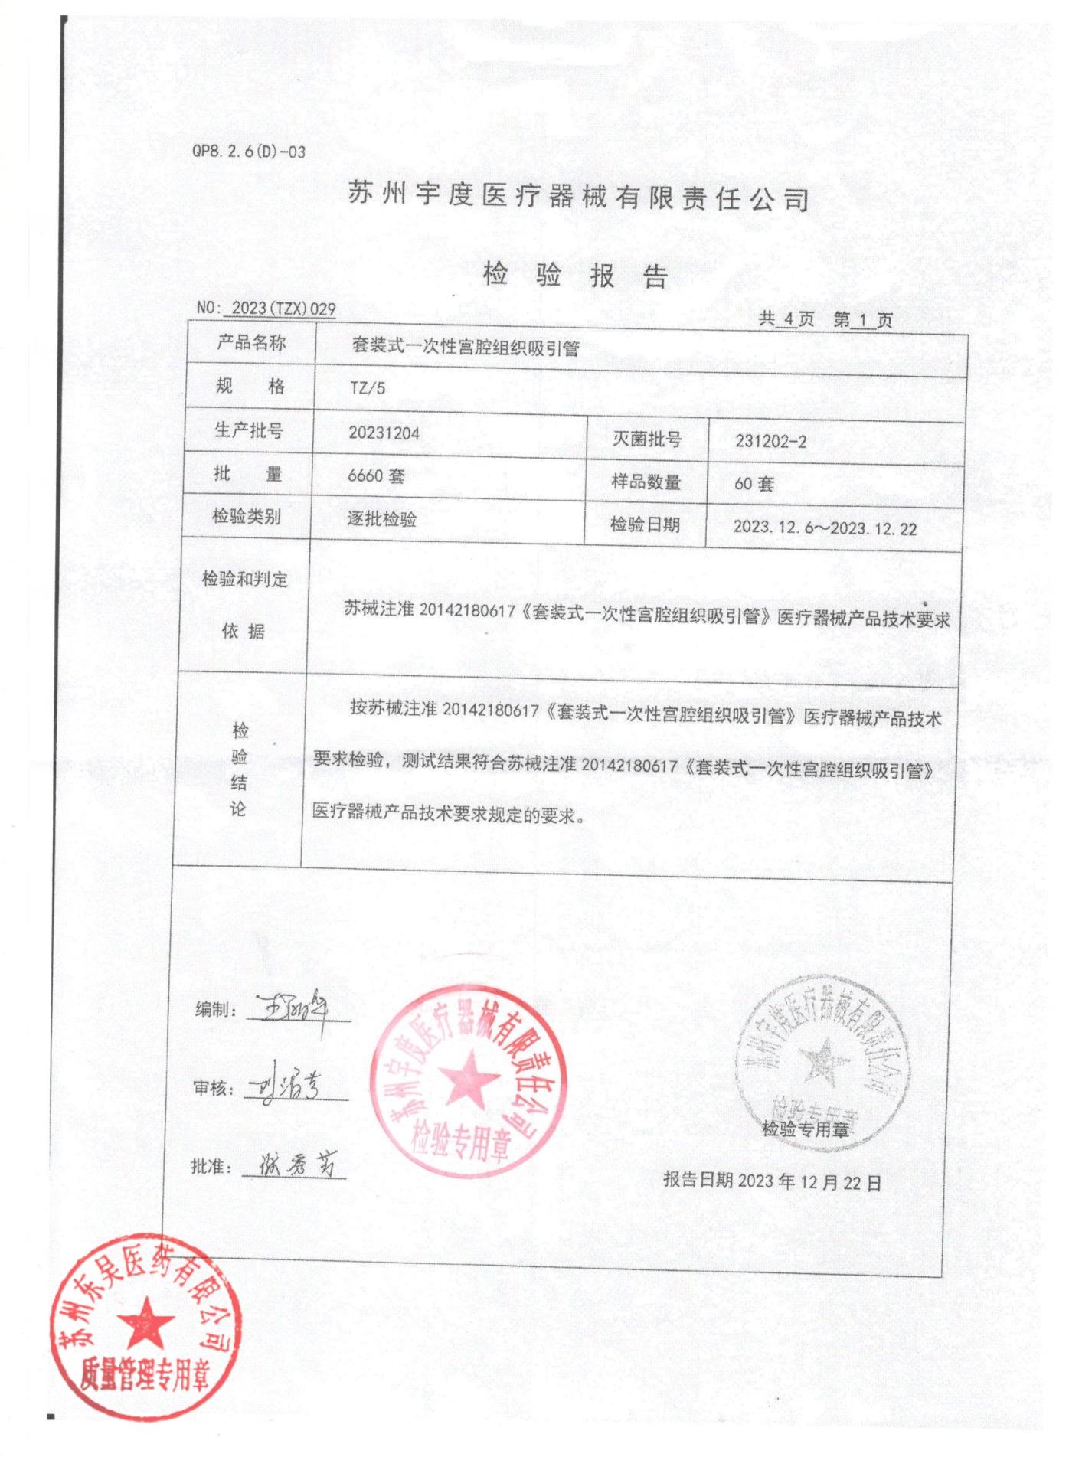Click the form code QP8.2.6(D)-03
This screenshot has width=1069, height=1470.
click(248, 152)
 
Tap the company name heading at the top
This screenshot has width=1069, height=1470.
click(579, 197)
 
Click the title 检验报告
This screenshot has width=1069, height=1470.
click(576, 275)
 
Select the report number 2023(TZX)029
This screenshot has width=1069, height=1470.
click(283, 308)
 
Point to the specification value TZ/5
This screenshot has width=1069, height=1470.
click(368, 388)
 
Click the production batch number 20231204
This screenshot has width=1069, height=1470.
click(384, 433)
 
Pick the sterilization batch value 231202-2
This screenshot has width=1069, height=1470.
click(770, 441)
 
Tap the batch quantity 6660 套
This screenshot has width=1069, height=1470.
click(375, 475)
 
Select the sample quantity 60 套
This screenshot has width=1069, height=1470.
click(754, 484)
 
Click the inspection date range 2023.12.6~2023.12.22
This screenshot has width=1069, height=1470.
click(825, 528)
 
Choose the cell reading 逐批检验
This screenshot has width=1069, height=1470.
click(381, 518)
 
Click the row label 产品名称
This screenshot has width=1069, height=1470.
click(250, 342)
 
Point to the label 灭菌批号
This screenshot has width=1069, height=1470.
click(646, 439)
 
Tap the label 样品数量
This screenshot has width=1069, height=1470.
click(646, 482)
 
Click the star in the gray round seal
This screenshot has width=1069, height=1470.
click(823, 1060)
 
